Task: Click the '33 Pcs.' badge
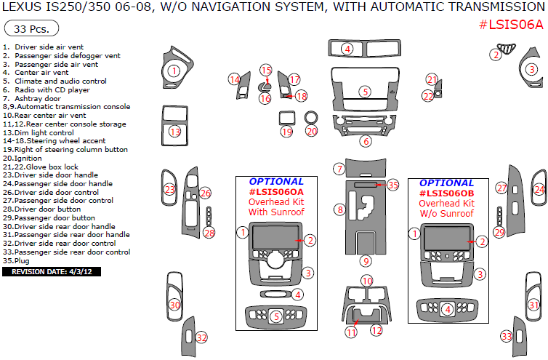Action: pos(31,29)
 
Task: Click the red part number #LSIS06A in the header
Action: pos(511,25)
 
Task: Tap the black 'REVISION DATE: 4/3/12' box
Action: pos(52,271)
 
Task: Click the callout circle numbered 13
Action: pos(174,132)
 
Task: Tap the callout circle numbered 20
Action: pos(312,132)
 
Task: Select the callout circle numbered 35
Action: pos(393,185)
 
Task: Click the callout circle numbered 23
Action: pos(169,189)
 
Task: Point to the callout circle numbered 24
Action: pos(539,189)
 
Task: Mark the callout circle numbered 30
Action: pos(174,305)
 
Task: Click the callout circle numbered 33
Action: pos(507,336)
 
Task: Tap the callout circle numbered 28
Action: pos(209,233)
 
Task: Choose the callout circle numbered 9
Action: pos(366,260)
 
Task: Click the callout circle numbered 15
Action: pos(266,70)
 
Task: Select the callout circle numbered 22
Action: pos(429,96)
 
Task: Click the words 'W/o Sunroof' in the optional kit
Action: pos(446,214)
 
